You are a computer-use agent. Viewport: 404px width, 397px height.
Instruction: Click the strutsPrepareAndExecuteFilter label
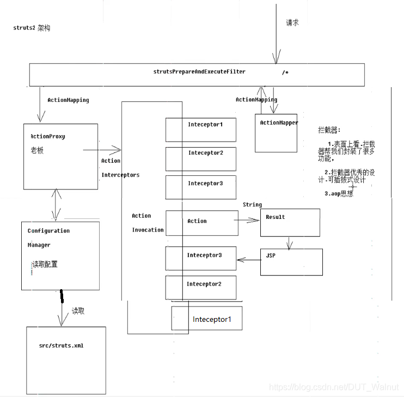tap(199, 71)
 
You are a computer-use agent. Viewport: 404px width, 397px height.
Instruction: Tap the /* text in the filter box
tap(285, 72)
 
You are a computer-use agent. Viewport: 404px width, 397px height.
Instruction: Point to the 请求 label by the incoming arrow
tap(292, 23)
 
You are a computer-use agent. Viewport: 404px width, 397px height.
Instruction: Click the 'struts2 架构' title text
tap(32, 28)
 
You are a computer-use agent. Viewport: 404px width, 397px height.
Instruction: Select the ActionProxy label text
tap(48, 136)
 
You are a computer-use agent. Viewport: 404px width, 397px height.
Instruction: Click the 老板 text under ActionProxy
tap(38, 150)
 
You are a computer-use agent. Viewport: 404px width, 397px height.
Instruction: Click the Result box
tap(290, 223)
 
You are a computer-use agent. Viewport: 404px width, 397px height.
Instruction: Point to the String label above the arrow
tap(252, 205)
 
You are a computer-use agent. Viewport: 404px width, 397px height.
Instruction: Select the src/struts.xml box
tap(66, 360)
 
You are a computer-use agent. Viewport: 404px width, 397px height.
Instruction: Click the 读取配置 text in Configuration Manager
tap(45, 265)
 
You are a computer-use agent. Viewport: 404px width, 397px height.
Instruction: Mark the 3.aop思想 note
tap(338, 193)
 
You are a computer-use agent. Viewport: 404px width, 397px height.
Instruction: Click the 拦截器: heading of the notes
tap(329, 131)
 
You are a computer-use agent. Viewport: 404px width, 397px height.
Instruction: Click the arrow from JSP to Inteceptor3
tap(249, 259)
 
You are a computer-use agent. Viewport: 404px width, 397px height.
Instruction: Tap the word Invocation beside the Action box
tap(148, 230)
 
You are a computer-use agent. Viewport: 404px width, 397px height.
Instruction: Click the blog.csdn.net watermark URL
tap(334, 387)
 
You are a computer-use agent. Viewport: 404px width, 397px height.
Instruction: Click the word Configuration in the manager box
tap(48, 231)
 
